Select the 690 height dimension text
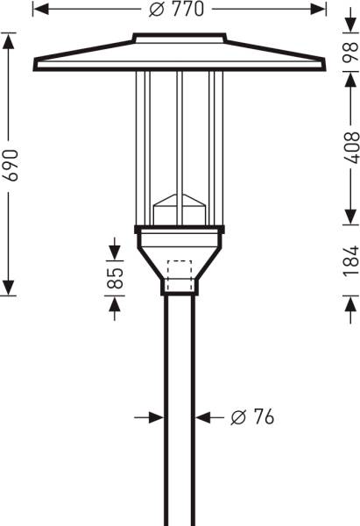(x=11, y=163)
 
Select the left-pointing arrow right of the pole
(x=201, y=417)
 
